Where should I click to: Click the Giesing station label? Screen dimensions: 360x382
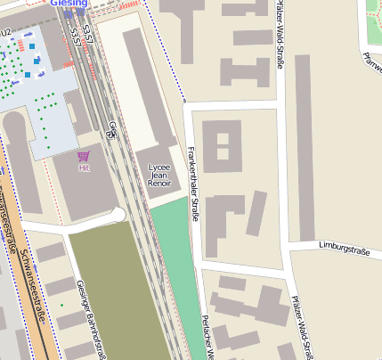(69, 3)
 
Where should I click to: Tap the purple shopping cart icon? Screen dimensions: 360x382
(84, 156)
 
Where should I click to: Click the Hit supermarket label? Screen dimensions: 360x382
(84, 168)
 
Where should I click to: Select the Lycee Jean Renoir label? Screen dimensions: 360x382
(158, 175)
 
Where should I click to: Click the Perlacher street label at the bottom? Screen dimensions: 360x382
(207, 337)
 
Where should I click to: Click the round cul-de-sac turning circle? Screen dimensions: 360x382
(118, 215)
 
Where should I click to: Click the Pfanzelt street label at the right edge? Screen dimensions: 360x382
(373, 62)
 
